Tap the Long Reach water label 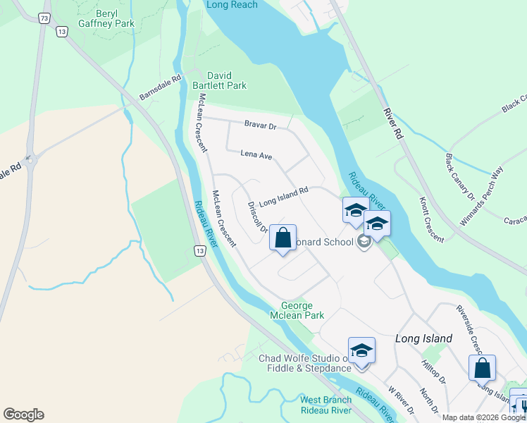(232, 5)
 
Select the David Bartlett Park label (227, 80)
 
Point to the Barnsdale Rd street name (161, 88)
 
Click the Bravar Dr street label (261, 125)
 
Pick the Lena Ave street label (256, 154)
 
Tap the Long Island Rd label (284, 196)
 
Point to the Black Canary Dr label (460, 177)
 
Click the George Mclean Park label (302, 310)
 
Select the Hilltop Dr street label (433, 370)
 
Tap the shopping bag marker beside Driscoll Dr (283, 238)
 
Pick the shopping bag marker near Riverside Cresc (483, 368)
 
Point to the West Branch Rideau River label (325, 405)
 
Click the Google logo (23, 415)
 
